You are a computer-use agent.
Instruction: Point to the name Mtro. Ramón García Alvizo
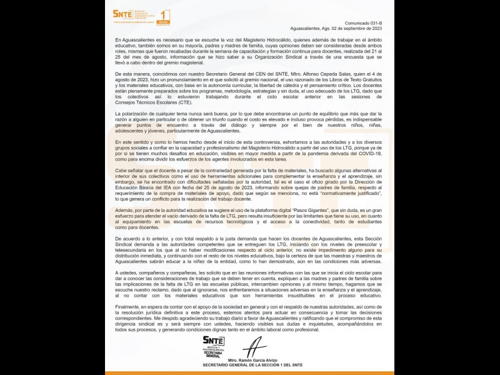coord(254,361)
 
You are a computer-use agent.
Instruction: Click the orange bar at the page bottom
coord(249,372)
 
